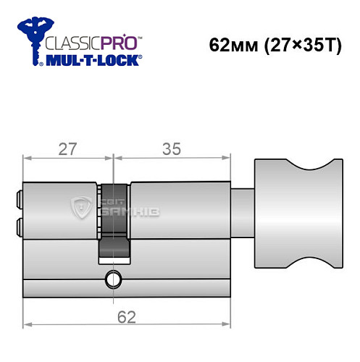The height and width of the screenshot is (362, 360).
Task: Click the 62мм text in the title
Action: (229, 45)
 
